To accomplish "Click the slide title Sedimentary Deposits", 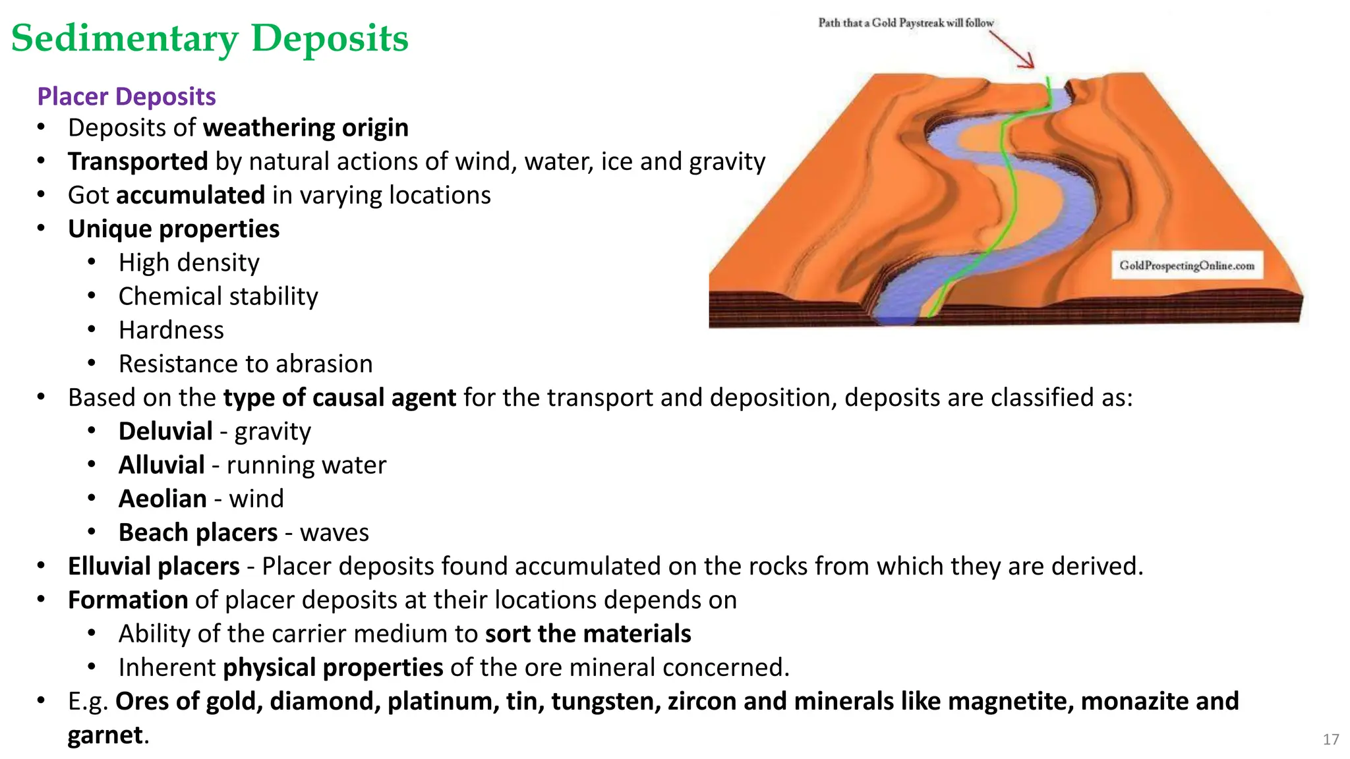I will pyautogui.click(x=210, y=38).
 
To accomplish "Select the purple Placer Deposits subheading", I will pyautogui.click(x=126, y=96).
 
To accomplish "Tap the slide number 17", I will pyautogui.click(x=1330, y=739).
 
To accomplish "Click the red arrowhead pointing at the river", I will pyautogui.click(x=1027, y=62).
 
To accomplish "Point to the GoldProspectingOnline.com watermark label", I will pyautogui.click(x=1187, y=266).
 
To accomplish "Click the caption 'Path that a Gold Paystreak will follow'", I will pyautogui.click(x=906, y=23).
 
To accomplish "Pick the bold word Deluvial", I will pyautogui.click(x=165, y=432).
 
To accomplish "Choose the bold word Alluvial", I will pyautogui.click(x=161, y=465).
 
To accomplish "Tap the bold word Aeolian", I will pyautogui.click(x=163, y=499).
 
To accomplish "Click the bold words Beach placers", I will pyautogui.click(x=198, y=532).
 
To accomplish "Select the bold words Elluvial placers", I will pyautogui.click(x=154, y=567).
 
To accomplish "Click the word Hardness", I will pyautogui.click(x=171, y=330).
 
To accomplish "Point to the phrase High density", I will pyautogui.click(x=189, y=263).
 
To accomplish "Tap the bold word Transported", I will pyautogui.click(x=138, y=161).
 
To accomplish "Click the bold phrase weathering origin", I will pyautogui.click(x=306, y=128).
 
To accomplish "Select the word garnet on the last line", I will pyautogui.click(x=105, y=735).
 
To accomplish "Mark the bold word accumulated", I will pyautogui.click(x=191, y=196).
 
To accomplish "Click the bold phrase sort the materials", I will pyautogui.click(x=588, y=634).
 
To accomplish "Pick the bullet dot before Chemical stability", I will pyautogui.click(x=92, y=296).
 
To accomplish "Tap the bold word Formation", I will pyautogui.click(x=128, y=600).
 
